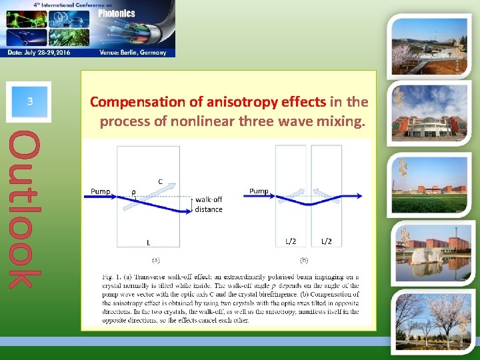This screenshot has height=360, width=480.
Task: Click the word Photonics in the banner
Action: coord(117,13)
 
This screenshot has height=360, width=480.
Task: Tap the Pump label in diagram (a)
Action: coord(101,191)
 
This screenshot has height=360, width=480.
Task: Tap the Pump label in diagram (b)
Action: coord(259,191)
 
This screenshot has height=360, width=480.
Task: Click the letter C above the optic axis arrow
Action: coord(160,181)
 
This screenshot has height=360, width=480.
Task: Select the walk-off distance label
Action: coord(209,204)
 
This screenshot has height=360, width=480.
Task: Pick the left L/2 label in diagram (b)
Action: coord(291,241)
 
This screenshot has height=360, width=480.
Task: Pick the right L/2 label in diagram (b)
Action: coord(327,241)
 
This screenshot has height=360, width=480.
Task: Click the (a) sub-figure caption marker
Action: coord(155,260)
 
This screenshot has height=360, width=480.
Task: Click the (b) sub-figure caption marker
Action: coord(304,260)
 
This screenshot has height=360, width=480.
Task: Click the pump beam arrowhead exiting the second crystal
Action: coord(359,196)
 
